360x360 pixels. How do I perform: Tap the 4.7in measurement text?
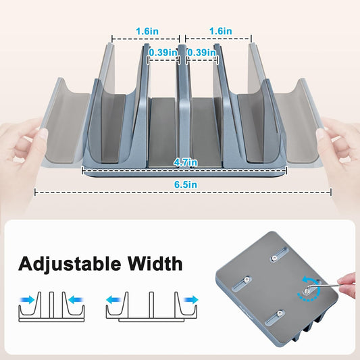(x=185, y=162)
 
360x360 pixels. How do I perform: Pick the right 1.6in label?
(x=220, y=31)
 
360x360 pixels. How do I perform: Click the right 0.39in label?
(x=201, y=53)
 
